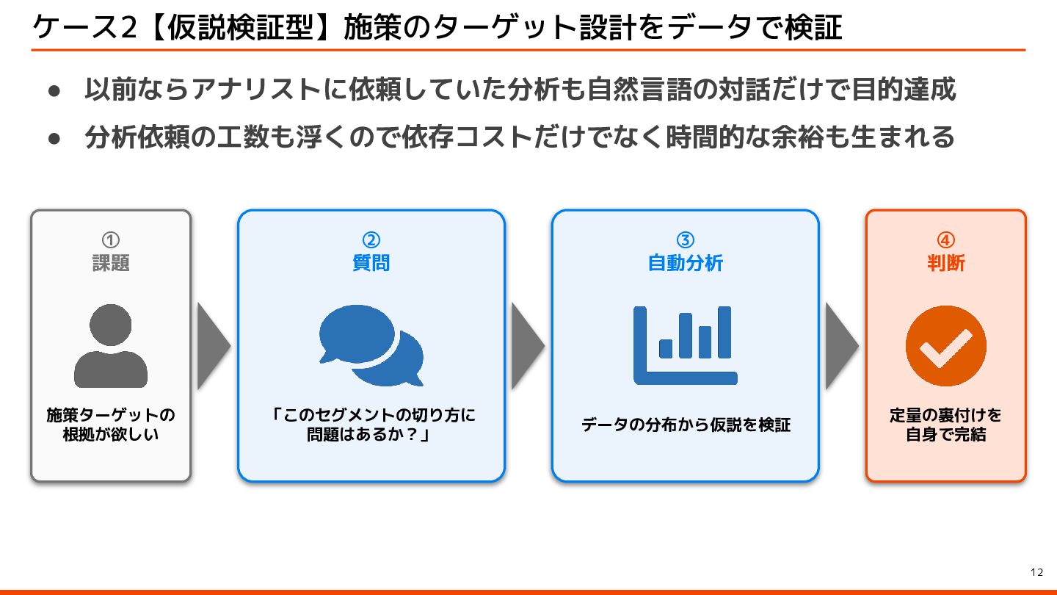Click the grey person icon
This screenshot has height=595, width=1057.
(x=111, y=346)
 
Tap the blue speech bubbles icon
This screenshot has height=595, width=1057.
(x=371, y=345)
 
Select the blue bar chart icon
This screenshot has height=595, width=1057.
(x=685, y=345)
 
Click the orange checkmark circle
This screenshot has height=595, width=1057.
(x=945, y=346)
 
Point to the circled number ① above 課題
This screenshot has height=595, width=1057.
(x=111, y=240)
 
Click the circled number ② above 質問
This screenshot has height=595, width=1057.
(x=371, y=240)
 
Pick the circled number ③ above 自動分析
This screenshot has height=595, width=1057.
(x=685, y=240)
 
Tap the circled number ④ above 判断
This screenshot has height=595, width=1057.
(x=945, y=240)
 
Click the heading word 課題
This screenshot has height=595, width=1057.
(x=111, y=263)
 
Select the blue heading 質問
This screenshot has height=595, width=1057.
(x=371, y=263)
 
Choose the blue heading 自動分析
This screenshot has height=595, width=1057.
(x=685, y=263)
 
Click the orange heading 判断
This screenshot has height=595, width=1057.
(x=945, y=263)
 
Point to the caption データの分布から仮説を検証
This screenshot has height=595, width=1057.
(x=685, y=425)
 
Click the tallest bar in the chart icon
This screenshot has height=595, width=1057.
(x=724, y=332)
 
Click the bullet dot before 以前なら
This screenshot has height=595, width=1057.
(x=53, y=91)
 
